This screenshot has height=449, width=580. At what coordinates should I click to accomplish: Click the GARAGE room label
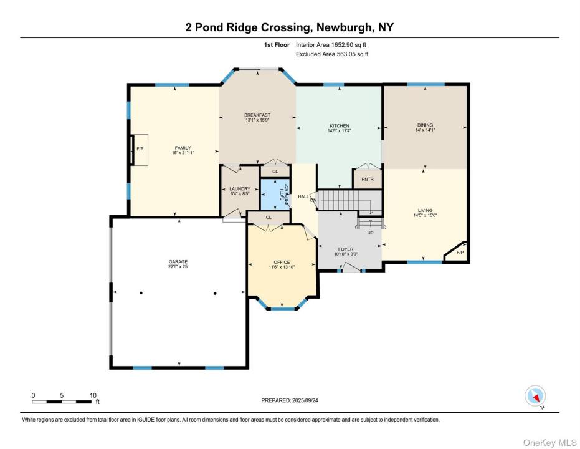tap(178, 262)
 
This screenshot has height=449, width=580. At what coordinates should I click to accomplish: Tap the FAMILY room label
tap(183, 148)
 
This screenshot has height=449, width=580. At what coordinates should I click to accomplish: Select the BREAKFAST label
tap(257, 115)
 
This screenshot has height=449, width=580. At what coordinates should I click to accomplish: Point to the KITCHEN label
tap(339, 126)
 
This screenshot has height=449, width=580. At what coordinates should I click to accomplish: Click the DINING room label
tap(425, 125)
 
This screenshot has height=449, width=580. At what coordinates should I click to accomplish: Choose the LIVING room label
tap(425, 210)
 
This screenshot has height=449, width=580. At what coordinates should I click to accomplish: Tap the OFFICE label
tap(282, 262)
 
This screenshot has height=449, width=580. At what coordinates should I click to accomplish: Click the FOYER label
tap(346, 249)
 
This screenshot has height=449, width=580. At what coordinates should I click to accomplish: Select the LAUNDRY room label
tap(240, 189)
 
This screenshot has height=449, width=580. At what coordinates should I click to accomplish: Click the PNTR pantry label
tap(368, 179)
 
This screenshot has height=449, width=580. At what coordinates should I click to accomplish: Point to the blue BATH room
tap(275, 195)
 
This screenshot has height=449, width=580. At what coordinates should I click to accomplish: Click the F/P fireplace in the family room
tap(140, 149)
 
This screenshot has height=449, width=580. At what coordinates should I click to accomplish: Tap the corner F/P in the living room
tap(458, 252)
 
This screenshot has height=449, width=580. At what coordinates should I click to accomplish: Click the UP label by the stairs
tap(370, 233)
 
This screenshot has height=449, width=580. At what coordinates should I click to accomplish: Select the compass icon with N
tap(535, 396)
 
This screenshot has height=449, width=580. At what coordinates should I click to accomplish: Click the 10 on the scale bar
tap(93, 395)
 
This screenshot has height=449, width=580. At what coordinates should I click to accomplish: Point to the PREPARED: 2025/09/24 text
tap(290, 400)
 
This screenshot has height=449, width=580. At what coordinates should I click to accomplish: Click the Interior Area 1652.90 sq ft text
tap(331, 45)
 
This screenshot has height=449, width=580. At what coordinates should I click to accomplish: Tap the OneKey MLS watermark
tap(549, 442)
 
